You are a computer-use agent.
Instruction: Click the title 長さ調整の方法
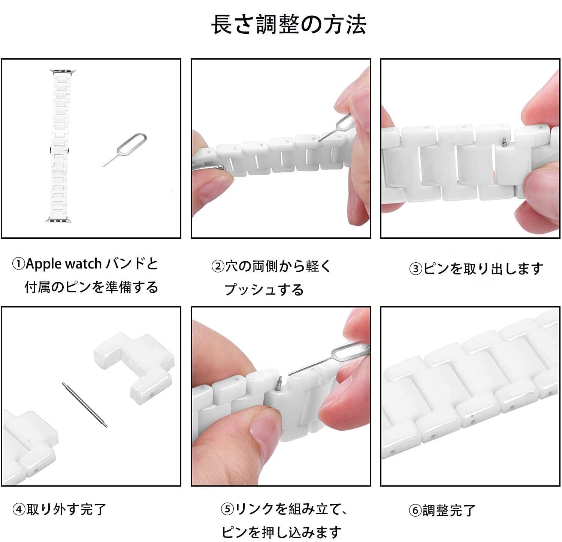288,25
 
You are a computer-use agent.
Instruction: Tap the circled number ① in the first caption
18,264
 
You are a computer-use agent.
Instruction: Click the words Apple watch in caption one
64,264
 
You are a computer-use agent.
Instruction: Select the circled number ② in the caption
218,267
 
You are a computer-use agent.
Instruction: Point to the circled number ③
415,269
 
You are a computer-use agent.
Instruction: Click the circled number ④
18,509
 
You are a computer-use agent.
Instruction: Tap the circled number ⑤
227,509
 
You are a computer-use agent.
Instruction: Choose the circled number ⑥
415,510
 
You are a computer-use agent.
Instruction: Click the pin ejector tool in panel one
124,149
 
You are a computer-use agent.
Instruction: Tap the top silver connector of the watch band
57,72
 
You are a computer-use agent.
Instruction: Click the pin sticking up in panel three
503,142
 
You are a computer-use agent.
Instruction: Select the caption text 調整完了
449,510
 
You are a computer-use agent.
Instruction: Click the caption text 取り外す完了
66,509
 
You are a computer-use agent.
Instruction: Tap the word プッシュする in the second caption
264,290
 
